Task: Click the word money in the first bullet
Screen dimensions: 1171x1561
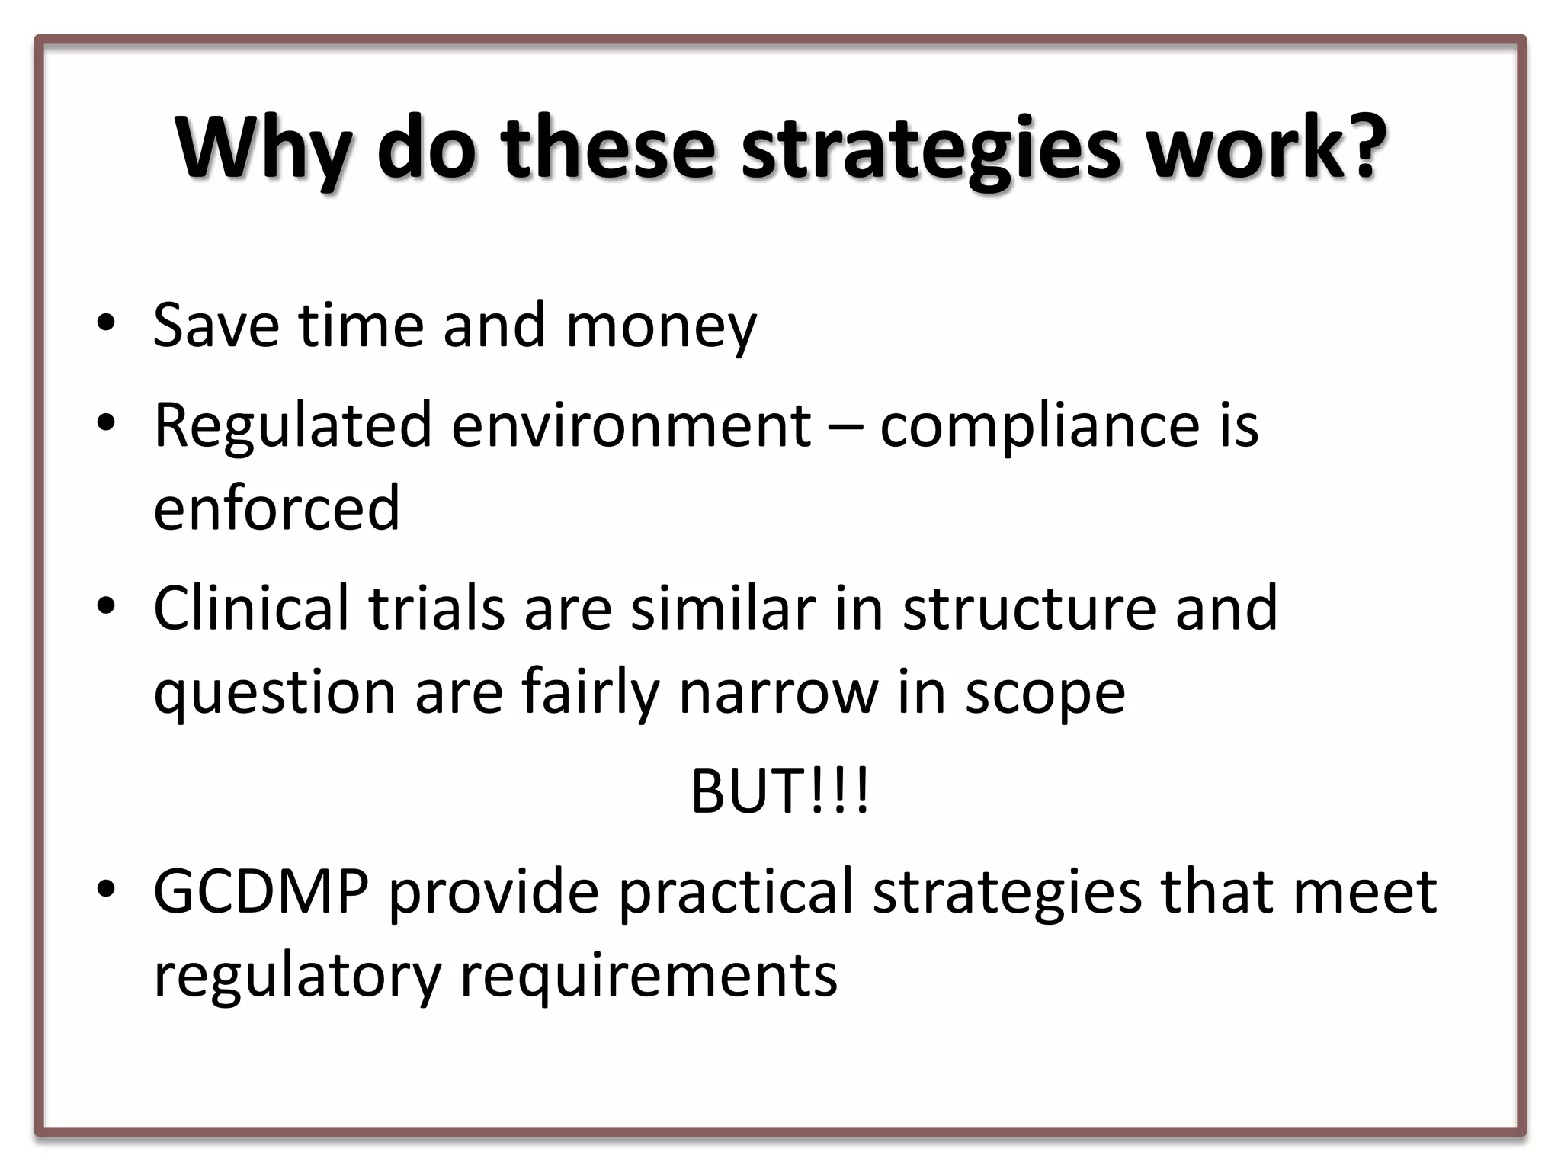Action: pos(661,327)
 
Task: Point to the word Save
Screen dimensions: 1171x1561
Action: pos(216,326)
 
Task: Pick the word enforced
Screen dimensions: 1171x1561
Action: pos(277,508)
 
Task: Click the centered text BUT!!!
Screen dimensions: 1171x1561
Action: pos(779,791)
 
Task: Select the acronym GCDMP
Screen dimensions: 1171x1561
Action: pos(261,891)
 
